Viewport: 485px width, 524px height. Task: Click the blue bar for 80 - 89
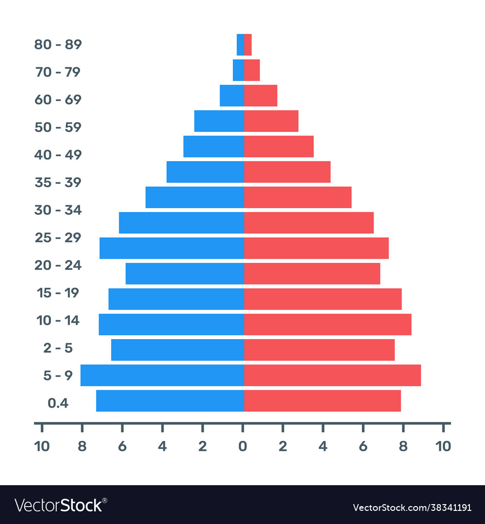[x=240, y=45]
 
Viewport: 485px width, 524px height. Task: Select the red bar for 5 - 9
[x=332, y=375]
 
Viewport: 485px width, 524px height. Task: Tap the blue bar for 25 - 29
[x=172, y=248]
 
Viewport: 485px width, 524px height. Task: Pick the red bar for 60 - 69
[x=260, y=96]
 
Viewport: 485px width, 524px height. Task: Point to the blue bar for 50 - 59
[x=219, y=121]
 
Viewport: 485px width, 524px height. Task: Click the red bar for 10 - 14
[x=327, y=324]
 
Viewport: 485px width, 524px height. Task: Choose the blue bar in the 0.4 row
[x=170, y=401]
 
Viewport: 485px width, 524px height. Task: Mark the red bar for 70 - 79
[x=252, y=70]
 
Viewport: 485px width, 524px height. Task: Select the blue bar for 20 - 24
[x=184, y=274]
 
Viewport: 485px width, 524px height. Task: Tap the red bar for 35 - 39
[x=287, y=172]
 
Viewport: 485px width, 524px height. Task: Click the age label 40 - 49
[x=58, y=155]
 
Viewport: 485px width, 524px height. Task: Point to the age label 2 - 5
[x=58, y=348]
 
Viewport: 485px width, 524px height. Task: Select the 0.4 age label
[x=58, y=403]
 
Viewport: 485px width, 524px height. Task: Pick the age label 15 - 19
[x=58, y=293]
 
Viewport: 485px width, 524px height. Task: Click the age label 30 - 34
[x=58, y=211]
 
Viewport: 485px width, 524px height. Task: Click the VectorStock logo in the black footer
[x=61, y=506]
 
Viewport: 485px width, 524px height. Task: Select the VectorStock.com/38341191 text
[x=412, y=508]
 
